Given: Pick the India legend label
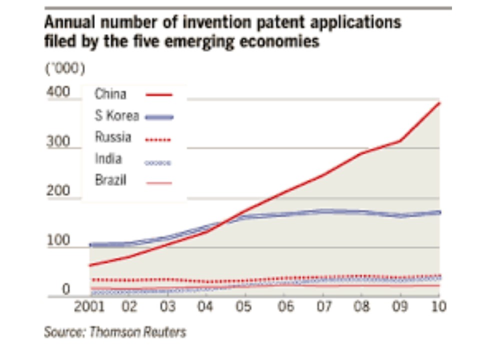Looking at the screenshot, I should pos(108,159).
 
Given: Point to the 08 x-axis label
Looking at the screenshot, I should pos(361,306).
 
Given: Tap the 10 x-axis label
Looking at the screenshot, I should pos(438,306).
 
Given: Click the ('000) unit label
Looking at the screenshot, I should pos(65,69).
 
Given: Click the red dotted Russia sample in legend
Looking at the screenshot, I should pos(158,140).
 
